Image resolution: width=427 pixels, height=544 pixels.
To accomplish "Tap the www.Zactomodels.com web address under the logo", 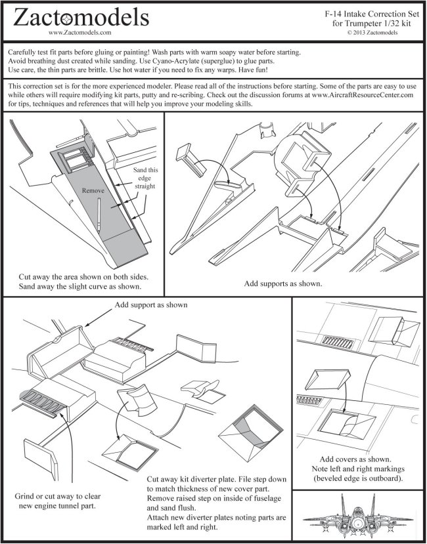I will [79, 31].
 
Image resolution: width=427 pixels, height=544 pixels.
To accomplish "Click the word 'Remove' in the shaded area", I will [93, 190].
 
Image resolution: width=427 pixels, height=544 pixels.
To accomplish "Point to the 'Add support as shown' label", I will [151, 305].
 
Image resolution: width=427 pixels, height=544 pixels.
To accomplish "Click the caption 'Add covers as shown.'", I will [357, 459].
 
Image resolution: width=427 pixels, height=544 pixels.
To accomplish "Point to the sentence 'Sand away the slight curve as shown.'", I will [81, 287].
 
